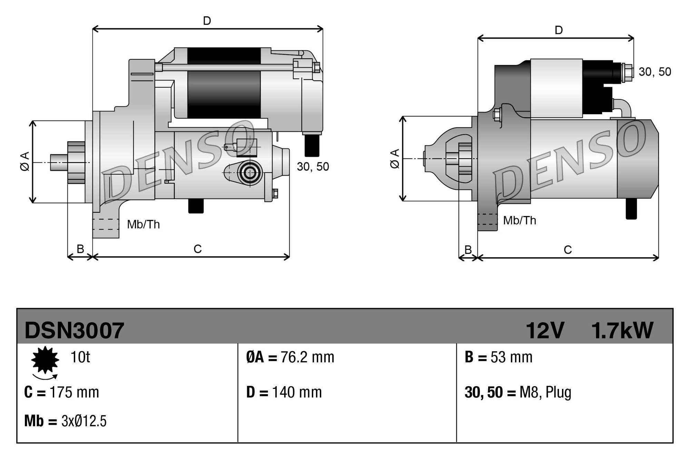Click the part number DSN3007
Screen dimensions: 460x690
(x=74, y=331)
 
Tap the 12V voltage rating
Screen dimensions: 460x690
(x=544, y=331)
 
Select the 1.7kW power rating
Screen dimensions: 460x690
(x=622, y=331)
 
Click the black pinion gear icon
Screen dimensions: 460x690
(x=45, y=360)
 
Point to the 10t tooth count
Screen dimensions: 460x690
(x=80, y=357)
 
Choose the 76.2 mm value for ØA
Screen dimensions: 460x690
(x=307, y=358)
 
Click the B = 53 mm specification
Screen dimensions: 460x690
(x=499, y=358)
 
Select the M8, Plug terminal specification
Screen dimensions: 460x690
(x=545, y=393)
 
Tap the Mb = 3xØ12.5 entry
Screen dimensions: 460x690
(x=65, y=421)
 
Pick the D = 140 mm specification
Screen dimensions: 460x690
(x=284, y=393)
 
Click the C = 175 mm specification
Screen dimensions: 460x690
(x=62, y=393)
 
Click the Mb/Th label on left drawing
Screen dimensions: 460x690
(x=143, y=225)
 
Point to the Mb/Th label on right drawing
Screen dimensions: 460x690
(x=519, y=221)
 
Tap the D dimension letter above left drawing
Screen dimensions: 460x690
(x=207, y=21)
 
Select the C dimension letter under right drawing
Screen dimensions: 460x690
(x=568, y=250)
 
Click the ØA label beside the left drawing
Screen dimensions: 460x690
(x=25, y=161)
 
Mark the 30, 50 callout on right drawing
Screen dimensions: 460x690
(x=654, y=72)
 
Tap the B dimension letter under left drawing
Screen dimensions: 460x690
(x=80, y=249)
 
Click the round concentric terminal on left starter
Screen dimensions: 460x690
(x=249, y=173)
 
